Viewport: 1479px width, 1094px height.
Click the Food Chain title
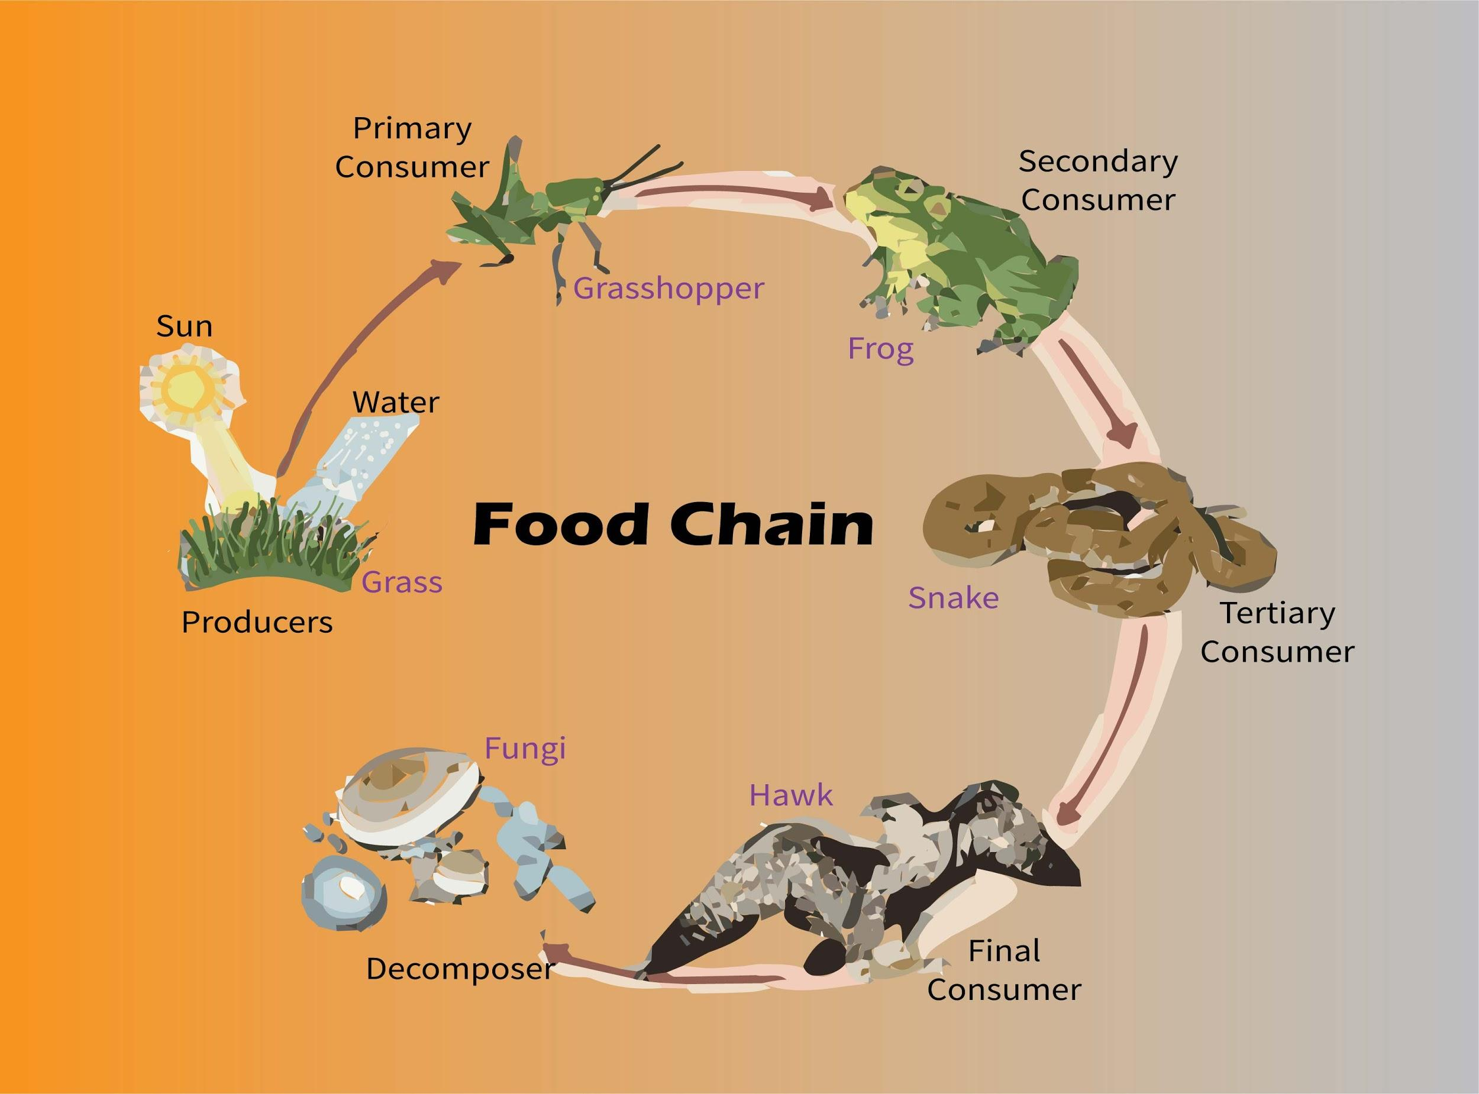673,524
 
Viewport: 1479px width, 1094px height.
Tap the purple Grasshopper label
669,289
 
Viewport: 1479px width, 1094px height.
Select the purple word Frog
880,348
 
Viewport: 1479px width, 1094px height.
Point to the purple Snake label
953,598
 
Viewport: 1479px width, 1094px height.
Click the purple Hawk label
791,795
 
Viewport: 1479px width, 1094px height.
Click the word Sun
184,326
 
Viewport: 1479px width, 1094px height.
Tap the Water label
395,402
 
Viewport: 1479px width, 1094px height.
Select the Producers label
257,623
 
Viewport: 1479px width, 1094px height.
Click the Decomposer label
459,969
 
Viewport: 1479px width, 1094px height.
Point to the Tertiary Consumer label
1277,632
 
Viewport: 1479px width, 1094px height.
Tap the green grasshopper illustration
563,205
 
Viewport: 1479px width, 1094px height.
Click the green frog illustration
960,258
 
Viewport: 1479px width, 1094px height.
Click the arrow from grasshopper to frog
735,192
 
